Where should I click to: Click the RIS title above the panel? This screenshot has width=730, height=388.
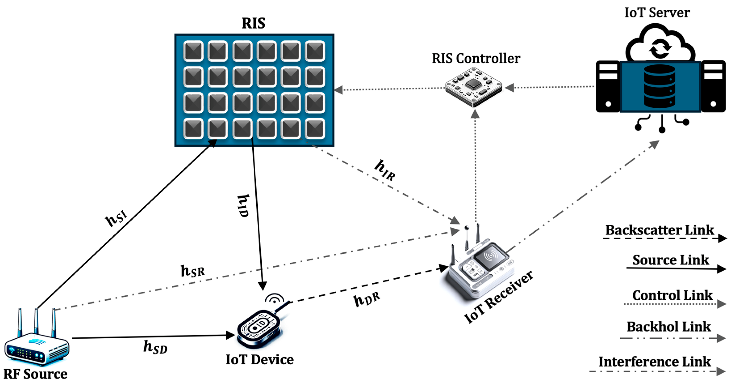(253, 23)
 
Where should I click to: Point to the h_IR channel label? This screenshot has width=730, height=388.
(385, 170)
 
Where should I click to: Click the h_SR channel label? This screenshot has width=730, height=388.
(192, 271)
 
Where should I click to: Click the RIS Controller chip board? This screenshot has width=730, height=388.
(473, 86)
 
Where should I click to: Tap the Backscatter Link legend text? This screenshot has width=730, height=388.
(659, 230)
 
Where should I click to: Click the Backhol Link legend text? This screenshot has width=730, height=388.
(668, 327)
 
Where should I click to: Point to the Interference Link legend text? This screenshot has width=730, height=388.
(654, 362)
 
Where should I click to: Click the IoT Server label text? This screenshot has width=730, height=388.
(657, 13)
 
